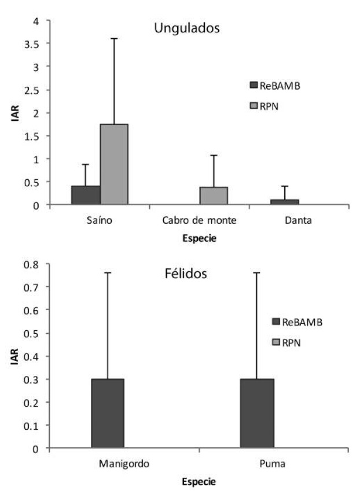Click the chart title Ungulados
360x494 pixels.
(186, 28)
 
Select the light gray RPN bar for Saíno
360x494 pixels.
(114, 164)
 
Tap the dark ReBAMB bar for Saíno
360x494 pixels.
(86, 195)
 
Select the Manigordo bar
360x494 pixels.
(108, 413)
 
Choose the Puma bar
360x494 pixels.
(257, 413)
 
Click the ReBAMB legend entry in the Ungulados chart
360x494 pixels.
(275, 86)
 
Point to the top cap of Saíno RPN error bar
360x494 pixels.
(114, 39)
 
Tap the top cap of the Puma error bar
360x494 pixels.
(257, 272)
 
